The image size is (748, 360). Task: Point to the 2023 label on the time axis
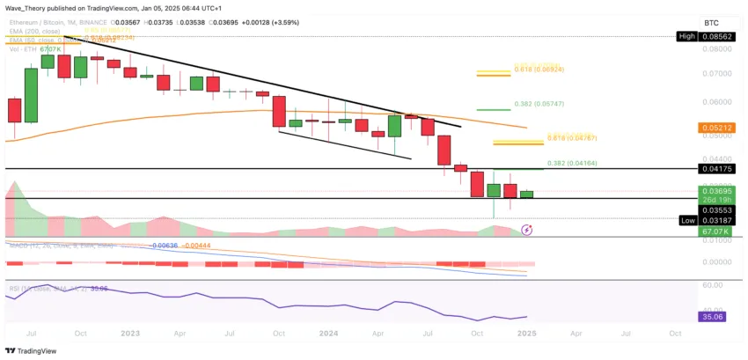click(130, 334)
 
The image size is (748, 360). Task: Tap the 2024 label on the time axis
click(327, 334)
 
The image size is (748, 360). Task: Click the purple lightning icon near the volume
click(526, 230)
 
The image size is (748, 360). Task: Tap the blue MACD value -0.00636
click(166, 245)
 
